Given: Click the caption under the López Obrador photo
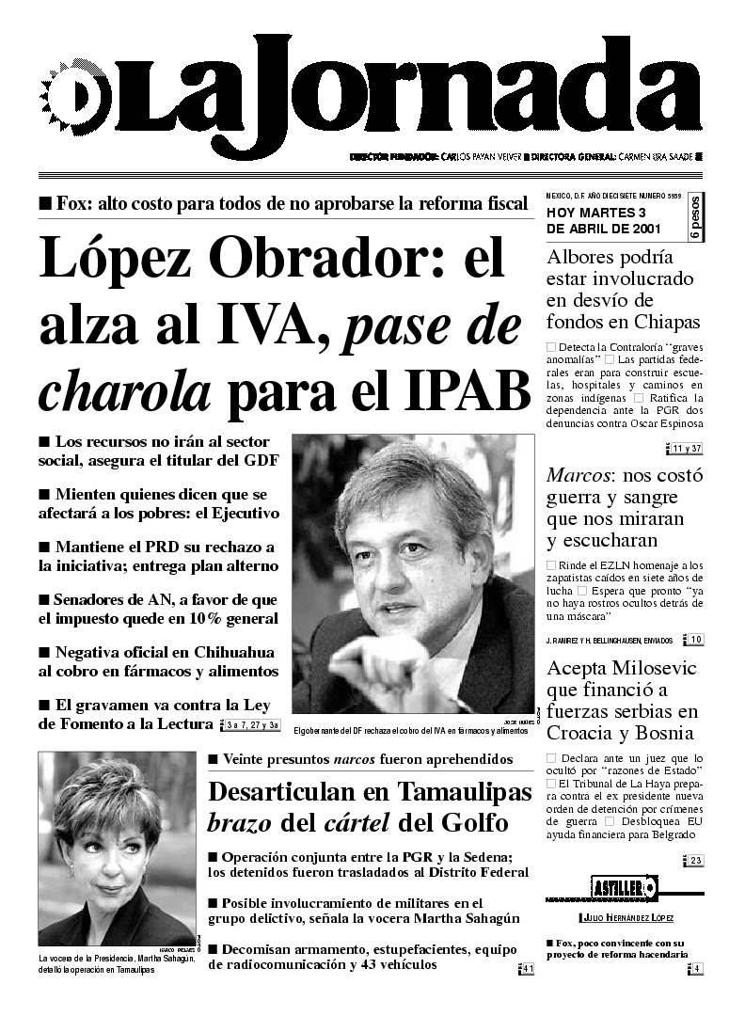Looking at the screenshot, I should coord(410,731).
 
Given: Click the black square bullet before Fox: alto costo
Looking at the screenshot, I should coord(44,202).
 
